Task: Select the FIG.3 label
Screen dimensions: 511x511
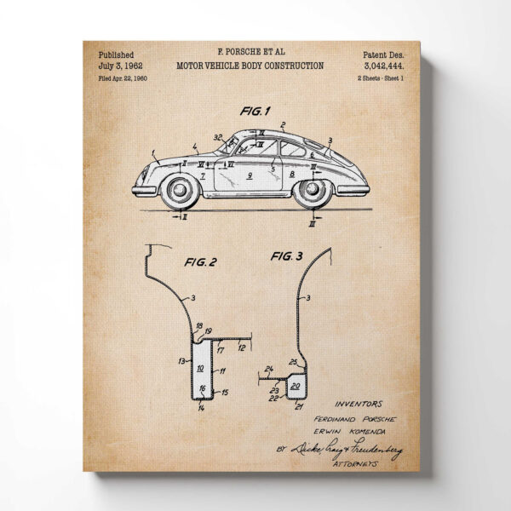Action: click(287, 255)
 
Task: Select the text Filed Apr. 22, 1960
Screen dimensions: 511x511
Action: click(124, 78)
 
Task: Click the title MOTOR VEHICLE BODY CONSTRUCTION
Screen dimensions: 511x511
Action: click(250, 65)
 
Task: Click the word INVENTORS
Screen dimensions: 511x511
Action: click(359, 404)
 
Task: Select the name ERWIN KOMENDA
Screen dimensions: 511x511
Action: click(359, 431)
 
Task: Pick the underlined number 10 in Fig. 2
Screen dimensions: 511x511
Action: click(199, 368)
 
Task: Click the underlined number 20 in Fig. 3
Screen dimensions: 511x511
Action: click(296, 386)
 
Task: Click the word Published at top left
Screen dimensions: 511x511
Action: click(116, 54)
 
